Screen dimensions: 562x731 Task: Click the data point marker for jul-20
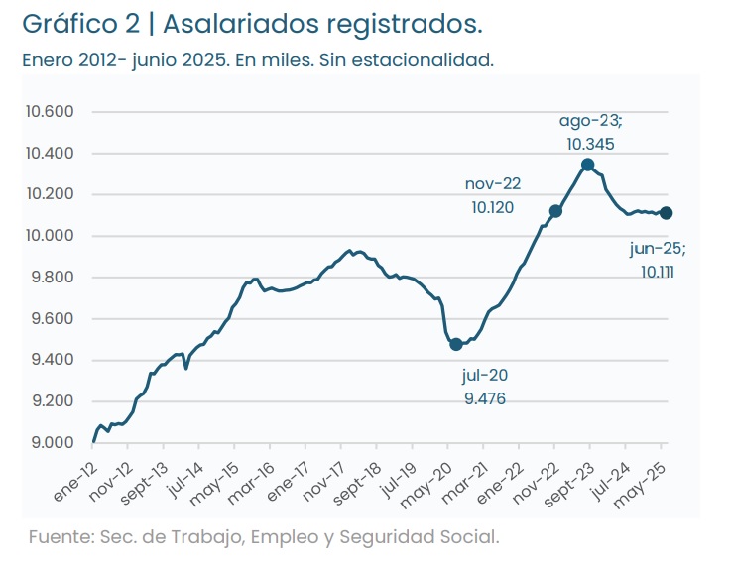coord(456,344)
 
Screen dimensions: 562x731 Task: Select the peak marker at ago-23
coord(588,165)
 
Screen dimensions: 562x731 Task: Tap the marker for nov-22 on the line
coord(555,211)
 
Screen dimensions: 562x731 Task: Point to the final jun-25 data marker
coord(667,213)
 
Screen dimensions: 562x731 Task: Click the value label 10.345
coord(590,144)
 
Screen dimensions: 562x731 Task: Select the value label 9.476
coord(485,398)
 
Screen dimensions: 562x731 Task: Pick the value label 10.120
coord(493,208)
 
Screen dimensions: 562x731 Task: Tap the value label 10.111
coord(658,271)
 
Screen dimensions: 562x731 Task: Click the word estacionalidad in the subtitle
coord(416,59)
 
